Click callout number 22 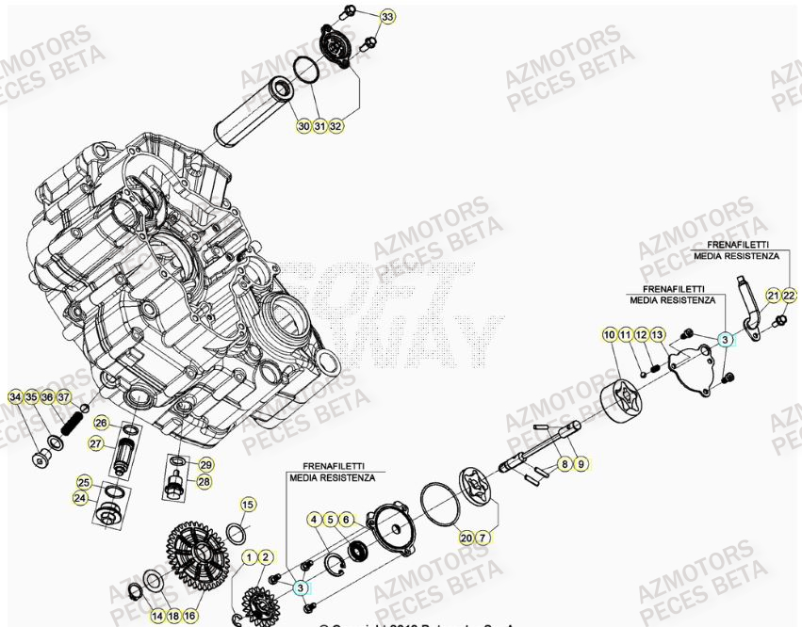coord(790,296)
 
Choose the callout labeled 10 coord(609,335)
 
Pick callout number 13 coord(658,335)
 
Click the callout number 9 coord(581,463)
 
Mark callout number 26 coord(101,423)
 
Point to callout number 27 coord(96,443)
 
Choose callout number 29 coord(205,464)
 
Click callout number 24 coord(81,498)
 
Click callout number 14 coord(157,616)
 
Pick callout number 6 coord(347,519)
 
